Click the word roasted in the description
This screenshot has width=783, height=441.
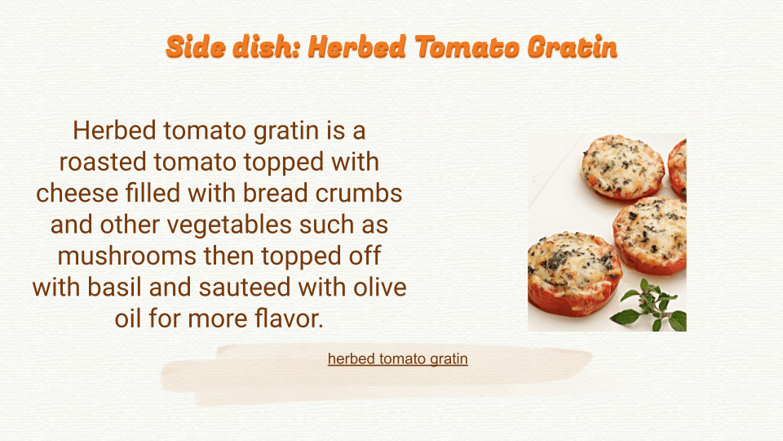coord(103,162)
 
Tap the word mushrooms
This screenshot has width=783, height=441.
coord(127,256)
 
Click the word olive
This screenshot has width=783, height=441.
coord(380,287)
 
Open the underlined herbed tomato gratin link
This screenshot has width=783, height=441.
coord(398,359)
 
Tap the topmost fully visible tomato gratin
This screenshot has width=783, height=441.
coord(622,167)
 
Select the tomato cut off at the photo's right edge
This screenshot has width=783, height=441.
coord(678,167)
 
